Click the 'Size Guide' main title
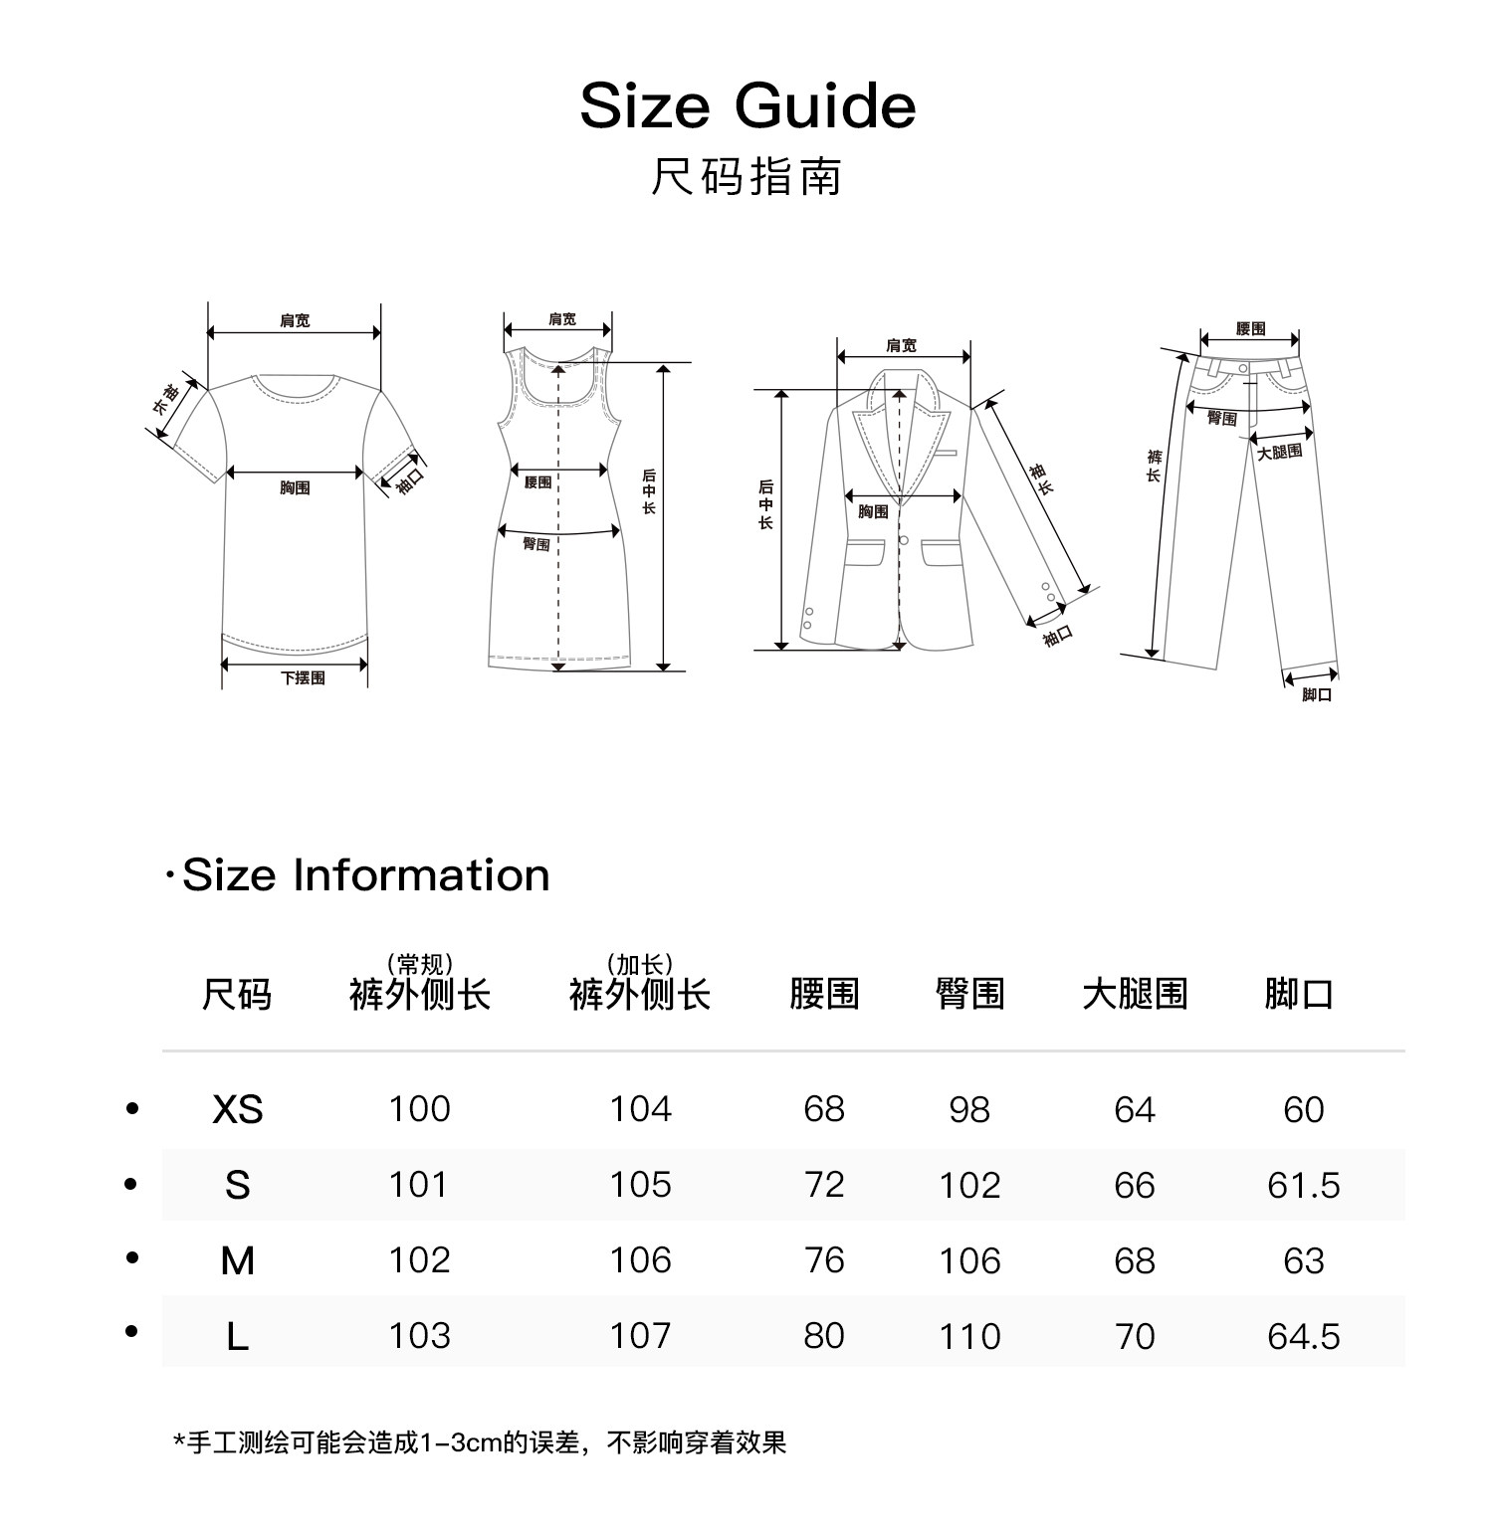(x=747, y=106)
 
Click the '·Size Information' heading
(x=357, y=875)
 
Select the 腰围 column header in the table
(x=824, y=994)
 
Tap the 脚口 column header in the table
(x=1299, y=994)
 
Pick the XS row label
(x=237, y=1109)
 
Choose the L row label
(x=237, y=1336)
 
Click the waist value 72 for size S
(x=824, y=1185)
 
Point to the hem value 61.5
(x=1303, y=1185)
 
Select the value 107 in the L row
(x=640, y=1336)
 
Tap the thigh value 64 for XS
(x=1135, y=1109)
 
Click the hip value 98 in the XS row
(x=969, y=1109)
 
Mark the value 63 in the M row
(x=1303, y=1260)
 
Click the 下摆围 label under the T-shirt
(x=303, y=678)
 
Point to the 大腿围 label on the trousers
(x=1279, y=453)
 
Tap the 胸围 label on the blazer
(x=873, y=511)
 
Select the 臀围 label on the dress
(x=536, y=544)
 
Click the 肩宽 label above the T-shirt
(x=295, y=320)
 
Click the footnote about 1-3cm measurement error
(x=480, y=1442)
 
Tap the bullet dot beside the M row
(x=132, y=1258)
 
